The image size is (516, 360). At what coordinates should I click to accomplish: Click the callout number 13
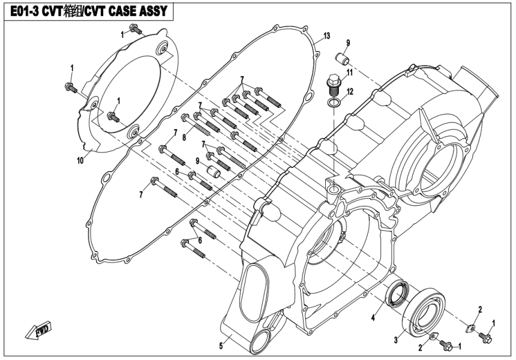click(326, 36)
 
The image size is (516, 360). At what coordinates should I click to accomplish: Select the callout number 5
click(221, 344)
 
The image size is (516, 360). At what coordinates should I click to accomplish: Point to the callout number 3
click(396, 340)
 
